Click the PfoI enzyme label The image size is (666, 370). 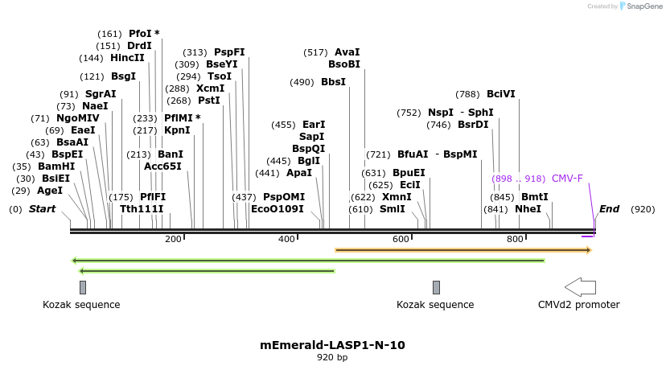[x=140, y=34]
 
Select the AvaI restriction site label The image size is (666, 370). [x=347, y=52]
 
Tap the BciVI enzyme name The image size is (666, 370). [x=501, y=94]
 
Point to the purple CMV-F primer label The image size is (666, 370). [x=567, y=179]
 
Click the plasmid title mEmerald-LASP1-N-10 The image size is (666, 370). [x=332, y=345]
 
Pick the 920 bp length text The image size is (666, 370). [x=332, y=357]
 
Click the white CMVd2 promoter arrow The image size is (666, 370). [x=580, y=287]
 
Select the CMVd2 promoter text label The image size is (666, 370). [x=578, y=305]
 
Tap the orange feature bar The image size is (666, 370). [x=462, y=250]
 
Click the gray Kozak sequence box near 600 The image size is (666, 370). [x=436, y=287]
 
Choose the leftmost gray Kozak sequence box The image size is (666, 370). [x=82, y=287]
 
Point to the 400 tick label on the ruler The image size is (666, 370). [x=286, y=239]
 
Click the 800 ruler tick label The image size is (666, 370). [x=515, y=239]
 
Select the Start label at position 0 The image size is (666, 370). [x=43, y=209]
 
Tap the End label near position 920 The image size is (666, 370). [x=609, y=209]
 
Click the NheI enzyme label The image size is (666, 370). [x=528, y=209]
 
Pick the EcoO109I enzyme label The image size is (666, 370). [x=277, y=209]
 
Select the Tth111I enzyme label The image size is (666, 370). [x=142, y=209]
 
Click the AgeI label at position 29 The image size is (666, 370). [x=49, y=191]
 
